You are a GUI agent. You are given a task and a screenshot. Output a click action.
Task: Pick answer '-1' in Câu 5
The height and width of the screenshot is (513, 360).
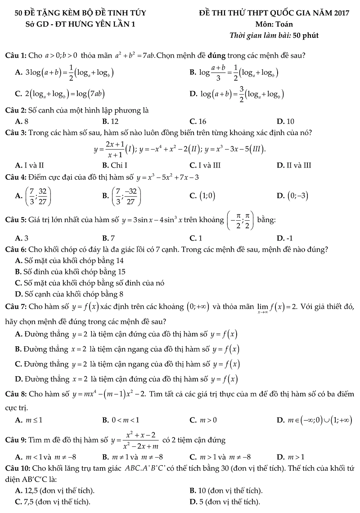pos(288,238)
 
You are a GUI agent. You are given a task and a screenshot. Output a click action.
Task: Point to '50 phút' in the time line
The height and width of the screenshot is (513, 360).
pos(306,36)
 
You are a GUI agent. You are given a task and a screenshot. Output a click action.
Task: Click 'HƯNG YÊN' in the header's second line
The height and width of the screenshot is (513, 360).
pos(94,24)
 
